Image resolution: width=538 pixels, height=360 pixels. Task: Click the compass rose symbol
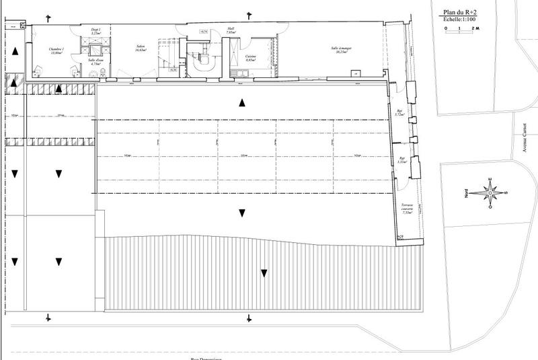point(492,192)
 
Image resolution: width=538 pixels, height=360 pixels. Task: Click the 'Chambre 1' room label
point(55,51)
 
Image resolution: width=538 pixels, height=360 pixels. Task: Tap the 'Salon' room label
point(141,47)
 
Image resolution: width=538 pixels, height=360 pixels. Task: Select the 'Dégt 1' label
point(95,32)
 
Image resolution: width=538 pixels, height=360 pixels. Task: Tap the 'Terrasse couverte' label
point(408,207)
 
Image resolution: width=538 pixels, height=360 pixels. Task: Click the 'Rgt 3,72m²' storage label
point(399,112)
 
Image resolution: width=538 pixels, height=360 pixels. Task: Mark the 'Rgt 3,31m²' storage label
point(402,160)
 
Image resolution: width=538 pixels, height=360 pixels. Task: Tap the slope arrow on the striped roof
point(264,273)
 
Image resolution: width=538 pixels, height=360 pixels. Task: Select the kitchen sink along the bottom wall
point(238,73)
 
